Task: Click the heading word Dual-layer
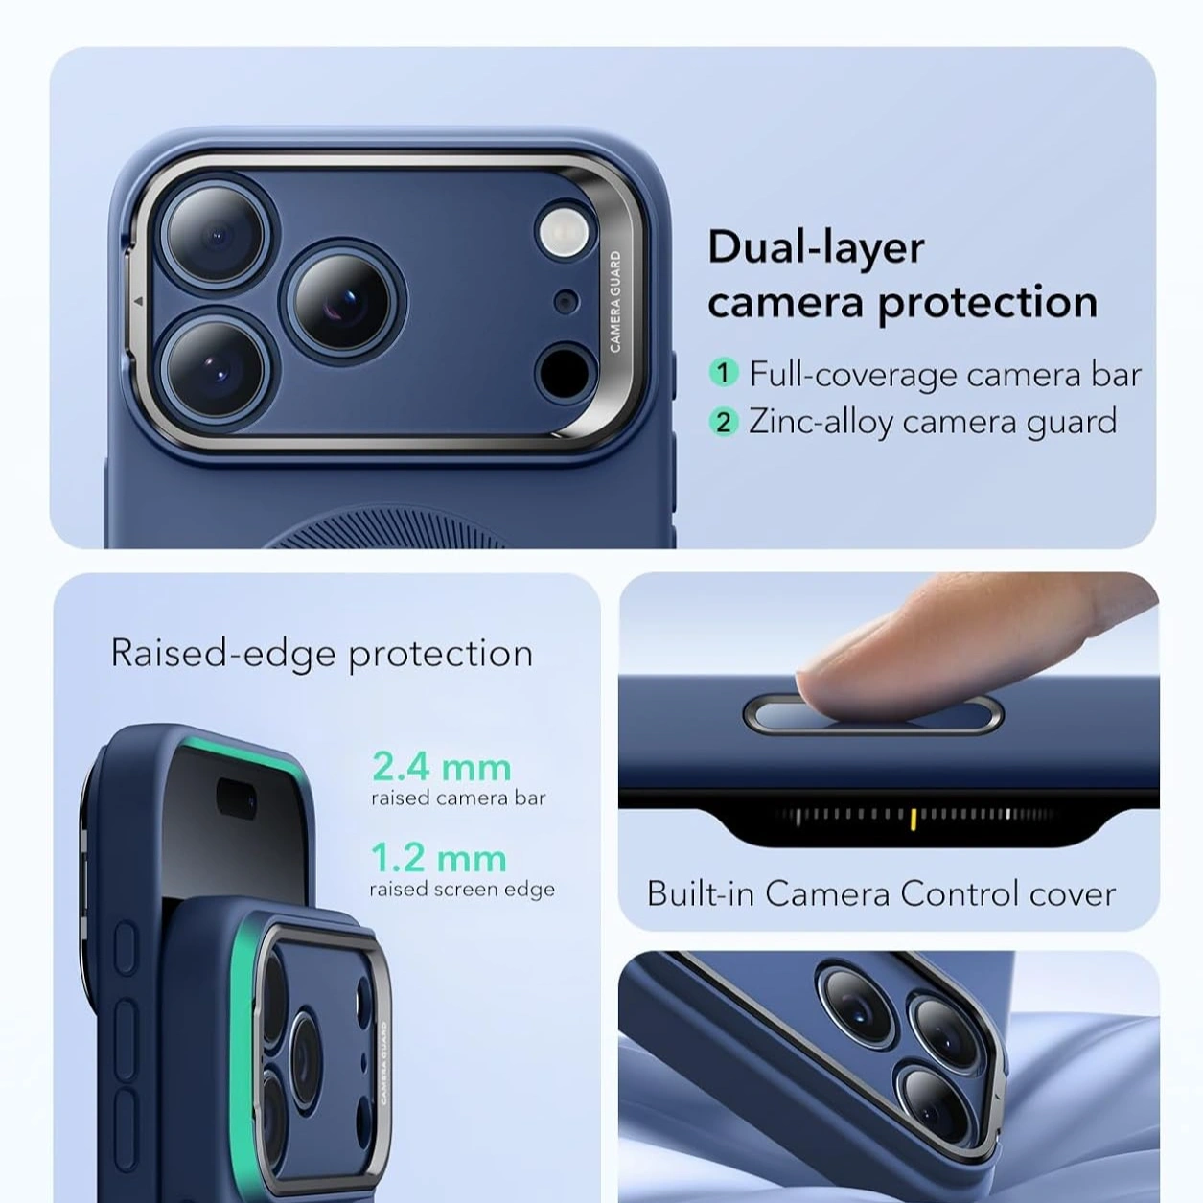[816, 248]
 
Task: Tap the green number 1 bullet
[724, 373]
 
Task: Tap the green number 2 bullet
[724, 422]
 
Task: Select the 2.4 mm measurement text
[441, 767]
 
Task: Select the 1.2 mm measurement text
[438, 858]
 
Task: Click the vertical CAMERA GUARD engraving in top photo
[615, 302]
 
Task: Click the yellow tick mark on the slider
[913, 819]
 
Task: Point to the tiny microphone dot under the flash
[565, 302]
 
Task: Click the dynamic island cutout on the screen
[236, 799]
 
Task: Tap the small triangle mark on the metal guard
[139, 302]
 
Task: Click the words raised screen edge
[462, 889]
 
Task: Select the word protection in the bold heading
[988, 302]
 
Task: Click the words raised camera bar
[458, 798]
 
